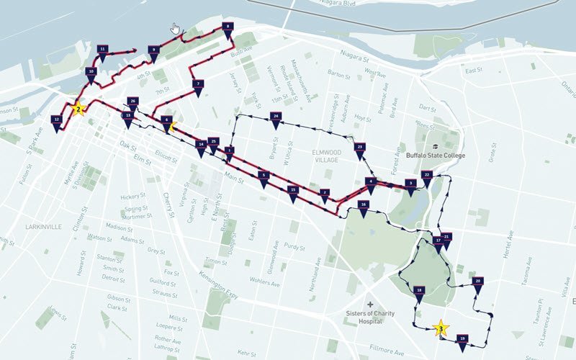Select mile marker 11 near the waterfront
[x=103, y=50]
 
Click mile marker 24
[x=275, y=117]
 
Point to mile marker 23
[x=359, y=148]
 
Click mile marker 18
[x=419, y=292]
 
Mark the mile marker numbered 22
[x=427, y=176]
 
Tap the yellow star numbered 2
[x=78, y=109]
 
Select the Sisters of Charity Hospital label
[x=371, y=318]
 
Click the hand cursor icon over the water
[x=175, y=29]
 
